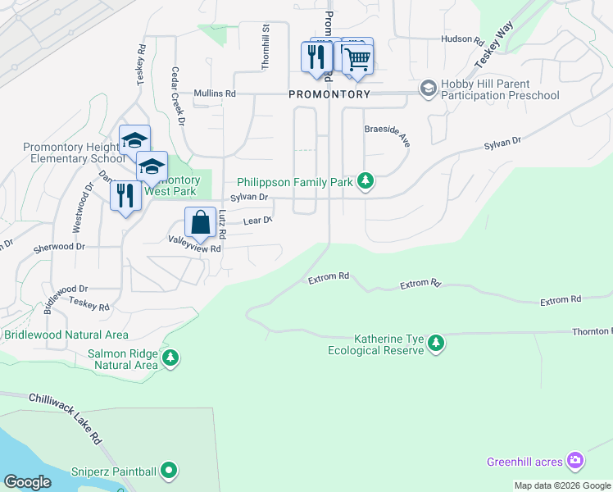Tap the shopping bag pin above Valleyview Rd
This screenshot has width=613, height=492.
(x=200, y=223)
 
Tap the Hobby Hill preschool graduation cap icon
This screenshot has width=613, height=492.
(x=427, y=88)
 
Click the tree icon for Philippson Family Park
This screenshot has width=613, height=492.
(x=366, y=182)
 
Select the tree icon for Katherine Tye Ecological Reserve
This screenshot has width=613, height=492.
(x=436, y=344)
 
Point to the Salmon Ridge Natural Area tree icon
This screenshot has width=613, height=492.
(x=170, y=358)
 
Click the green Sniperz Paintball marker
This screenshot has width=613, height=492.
(x=169, y=471)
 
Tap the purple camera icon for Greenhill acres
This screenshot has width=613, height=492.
(x=575, y=461)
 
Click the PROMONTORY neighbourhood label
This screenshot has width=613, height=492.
(x=329, y=94)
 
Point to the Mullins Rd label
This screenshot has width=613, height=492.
(x=214, y=94)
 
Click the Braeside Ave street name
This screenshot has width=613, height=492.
(x=387, y=134)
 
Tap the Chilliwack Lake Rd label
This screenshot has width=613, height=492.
(x=65, y=416)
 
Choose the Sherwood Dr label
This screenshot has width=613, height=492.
(x=58, y=246)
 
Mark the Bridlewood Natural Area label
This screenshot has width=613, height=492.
(x=66, y=335)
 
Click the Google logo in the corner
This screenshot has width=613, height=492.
(x=27, y=482)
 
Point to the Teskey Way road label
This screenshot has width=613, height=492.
(x=488, y=53)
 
